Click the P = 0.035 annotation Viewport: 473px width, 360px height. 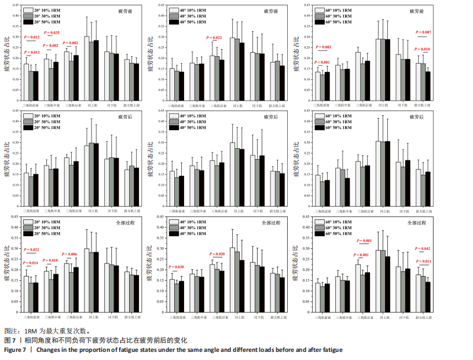[52, 33]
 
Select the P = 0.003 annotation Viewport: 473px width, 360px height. [323, 47]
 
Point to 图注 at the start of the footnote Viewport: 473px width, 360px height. [11, 331]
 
